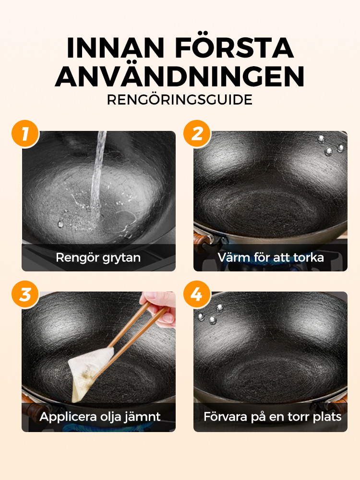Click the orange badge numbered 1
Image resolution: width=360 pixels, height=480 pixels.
click(x=25, y=134)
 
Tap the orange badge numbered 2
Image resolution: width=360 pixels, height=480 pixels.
click(x=197, y=134)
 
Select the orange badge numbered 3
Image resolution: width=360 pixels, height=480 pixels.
click(x=25, y=294)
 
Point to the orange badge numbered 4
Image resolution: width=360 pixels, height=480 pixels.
click(x=197, y=294)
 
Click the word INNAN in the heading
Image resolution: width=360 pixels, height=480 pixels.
click(x=116, y=48)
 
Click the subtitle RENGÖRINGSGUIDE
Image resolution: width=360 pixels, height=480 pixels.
click(x=180, y=99)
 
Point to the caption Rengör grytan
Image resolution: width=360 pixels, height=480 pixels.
click(x=98, y=258)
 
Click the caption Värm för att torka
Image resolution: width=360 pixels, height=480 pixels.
click(x=271, y=258)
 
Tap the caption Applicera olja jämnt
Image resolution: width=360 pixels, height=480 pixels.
click(x=100, y=417)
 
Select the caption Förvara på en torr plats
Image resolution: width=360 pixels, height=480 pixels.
click(x=272, y=417)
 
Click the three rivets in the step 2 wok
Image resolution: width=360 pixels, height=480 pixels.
click(x=330, y=145)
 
